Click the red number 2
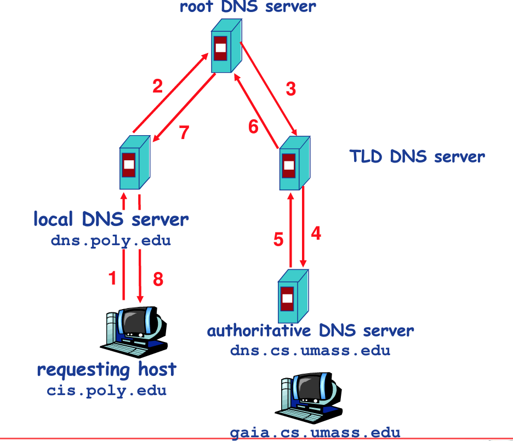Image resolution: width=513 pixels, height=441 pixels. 158,86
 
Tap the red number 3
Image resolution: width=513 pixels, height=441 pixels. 291,89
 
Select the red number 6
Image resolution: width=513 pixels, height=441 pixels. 253,127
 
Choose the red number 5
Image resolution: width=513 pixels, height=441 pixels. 278,239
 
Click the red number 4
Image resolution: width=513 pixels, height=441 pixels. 316,233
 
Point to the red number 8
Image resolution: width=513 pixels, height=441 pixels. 158,280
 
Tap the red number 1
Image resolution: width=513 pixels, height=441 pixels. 113,278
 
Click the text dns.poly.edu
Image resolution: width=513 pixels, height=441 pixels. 111,241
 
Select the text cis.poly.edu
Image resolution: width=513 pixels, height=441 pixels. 106,391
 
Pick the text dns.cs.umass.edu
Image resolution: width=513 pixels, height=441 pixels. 310,350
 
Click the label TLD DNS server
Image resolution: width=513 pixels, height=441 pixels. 417,157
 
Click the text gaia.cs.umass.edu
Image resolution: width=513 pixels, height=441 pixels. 315,432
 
